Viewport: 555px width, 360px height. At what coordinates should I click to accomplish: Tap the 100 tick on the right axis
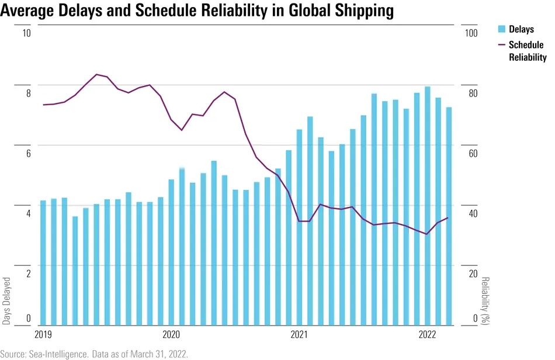click(x=470, y=33)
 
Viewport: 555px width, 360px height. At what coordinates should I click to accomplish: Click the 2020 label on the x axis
click(x=171, y=334)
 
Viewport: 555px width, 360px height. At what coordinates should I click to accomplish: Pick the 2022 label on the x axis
click(x=427, y=334)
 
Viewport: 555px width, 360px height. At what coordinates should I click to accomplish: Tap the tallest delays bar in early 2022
click(x=428, y=205)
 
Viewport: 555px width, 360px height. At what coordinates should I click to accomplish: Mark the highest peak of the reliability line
click(x=96, y=74)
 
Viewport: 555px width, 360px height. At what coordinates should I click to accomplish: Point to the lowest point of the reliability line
click(x=427, y=234)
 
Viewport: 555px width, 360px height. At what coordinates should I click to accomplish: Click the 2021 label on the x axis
click(x=299, y=334)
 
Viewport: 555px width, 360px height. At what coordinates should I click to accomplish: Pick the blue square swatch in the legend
click(x=501, y=29)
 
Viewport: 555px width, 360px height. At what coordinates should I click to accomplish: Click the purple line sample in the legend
click(x=501, y=45)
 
